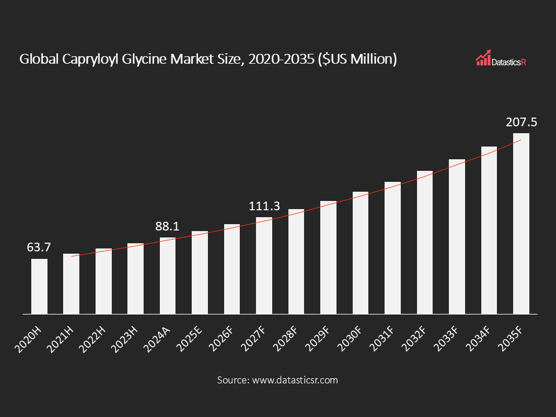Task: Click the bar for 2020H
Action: click(39, 286)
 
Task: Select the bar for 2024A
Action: click(168, 276)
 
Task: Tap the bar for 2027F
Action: click(264, 265)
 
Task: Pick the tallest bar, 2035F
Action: click(521, 224)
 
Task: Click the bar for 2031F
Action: click(393, 248)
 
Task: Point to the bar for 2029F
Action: click(328, 257)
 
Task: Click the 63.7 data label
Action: click(39, 247)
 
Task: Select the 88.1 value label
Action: click(168, 226)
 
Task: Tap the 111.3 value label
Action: click(264, 206)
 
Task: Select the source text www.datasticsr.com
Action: click(294, 381)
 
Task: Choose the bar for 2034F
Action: click(489, 230)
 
